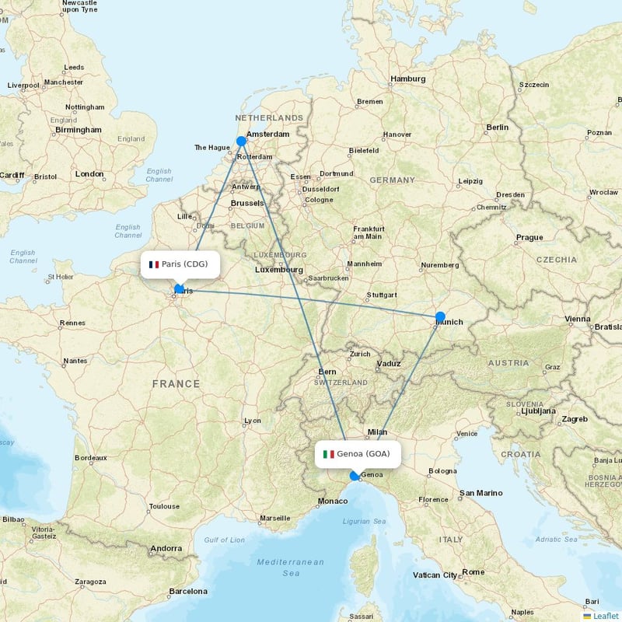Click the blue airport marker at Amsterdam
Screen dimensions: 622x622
pyautogui.click(x=242, y=142)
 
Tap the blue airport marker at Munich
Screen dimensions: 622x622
pyautogui.click(x=440, y=316)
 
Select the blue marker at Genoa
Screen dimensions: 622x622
pyautogui.click(x=355, y=476)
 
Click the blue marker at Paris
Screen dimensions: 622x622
pyautogui.click(x=180, y=289)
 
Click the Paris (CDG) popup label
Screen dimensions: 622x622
pyautogui.click(x=180, y=264)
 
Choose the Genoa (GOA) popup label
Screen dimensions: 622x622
pyautogui.click(x=358, y=453)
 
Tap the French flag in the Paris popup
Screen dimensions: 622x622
pyautogui.click(x=154, y=264)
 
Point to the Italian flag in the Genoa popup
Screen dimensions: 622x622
pyautogui.click(x=329, y=454)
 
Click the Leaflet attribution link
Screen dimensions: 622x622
pyautogui.click(x=605, y=615)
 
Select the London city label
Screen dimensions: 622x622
pyautogui.click(x=89, y=174)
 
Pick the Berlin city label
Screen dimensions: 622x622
pyautogui.click(x=497, y=127)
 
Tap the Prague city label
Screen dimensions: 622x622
pyautogui.click(x=529, y=238)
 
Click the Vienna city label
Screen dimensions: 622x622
pyautogui.click(x=578, y=319)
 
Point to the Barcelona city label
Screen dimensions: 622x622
pyautogui.click(x=188, y=592)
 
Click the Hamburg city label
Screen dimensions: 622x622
pyautogui.click(x=408, y=79)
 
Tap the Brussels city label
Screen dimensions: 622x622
pyautogui.click(x=247, y=204)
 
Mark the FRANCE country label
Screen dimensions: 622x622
pyautogui.click(x=176, y=384)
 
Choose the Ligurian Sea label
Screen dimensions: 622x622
pyautogui.click(x=363, y=521)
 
